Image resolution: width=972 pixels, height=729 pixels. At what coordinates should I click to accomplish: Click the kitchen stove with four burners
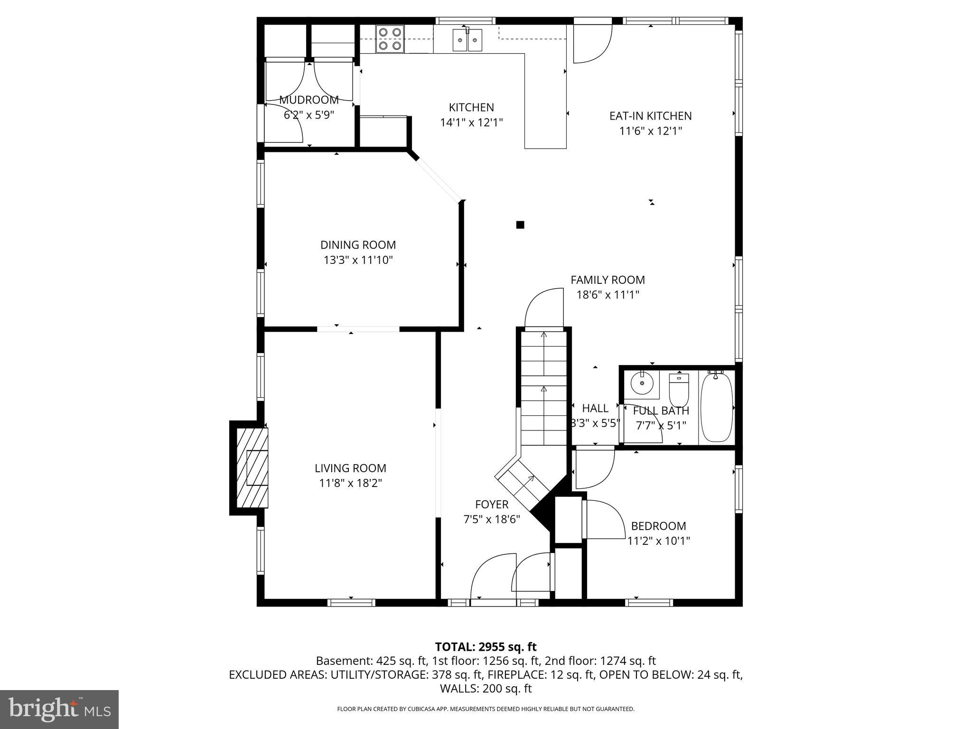[390, 39]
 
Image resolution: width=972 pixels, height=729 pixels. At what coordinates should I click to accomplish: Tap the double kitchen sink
[467, 39]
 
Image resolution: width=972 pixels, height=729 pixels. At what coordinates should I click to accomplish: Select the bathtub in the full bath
[717, 407]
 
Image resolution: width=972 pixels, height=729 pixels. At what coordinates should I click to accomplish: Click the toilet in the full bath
[678, 389]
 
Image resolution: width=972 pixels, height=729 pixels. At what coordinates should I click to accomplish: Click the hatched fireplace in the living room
[252, 467]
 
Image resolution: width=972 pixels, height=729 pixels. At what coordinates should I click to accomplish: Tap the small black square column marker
[520, 225]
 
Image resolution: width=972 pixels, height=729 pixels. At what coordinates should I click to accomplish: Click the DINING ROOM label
[358, 245]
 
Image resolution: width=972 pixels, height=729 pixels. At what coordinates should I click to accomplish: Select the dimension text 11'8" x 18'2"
[350, 483]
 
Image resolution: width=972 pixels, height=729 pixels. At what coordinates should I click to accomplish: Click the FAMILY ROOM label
[607, 280]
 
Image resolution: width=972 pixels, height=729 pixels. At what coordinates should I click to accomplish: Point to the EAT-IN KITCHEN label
[650, 116]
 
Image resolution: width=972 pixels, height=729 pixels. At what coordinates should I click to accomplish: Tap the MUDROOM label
[309, 100]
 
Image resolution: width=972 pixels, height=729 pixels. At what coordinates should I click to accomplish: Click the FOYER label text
[492, 505]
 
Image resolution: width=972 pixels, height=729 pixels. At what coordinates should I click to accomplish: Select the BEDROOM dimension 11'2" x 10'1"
[658, 541]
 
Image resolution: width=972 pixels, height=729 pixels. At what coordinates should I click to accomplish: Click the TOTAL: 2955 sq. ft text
[486, 646]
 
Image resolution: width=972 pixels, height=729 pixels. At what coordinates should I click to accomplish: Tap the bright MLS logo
[59, 709]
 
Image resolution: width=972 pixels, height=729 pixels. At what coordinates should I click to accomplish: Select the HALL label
[595, 408]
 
